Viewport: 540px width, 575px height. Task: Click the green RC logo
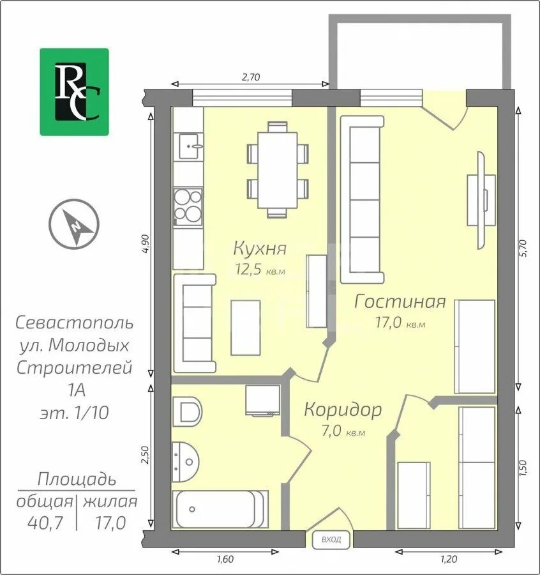pyautogui.click(x=75, y=91)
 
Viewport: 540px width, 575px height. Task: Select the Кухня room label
pyautogui.click(x=260, y=249)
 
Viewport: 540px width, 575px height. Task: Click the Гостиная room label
pyautogui.click(x=400, y=302)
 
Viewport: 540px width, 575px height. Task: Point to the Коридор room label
pyautogui.click(x=343, y=410)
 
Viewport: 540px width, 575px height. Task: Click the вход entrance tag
pyautogui.click(x=331, y=539)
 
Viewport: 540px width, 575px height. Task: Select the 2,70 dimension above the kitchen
pyautogui.click(x=251, y=77)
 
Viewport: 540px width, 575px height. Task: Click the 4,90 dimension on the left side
pyautogui.click(x=146, y=243)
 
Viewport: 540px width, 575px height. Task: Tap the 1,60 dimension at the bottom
pyautogui.click(x=225, y=559)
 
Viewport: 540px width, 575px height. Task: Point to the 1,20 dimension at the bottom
pyautogui.click(x=449, y=559)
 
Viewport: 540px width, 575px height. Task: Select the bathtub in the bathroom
pyautogui.click(x=220, y=509)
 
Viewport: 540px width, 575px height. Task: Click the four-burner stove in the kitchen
pyautogui.click(x=188, y=206)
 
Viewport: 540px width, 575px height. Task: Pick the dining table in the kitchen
pyautogui.click(x=277, y=170)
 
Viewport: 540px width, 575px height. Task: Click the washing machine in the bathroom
pyautogui.click(x=263, y=400)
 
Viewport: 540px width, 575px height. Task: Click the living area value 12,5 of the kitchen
pyautogui.click(x=249, y=269)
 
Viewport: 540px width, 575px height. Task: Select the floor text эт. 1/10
pyautogui.click(x=75, y=413)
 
